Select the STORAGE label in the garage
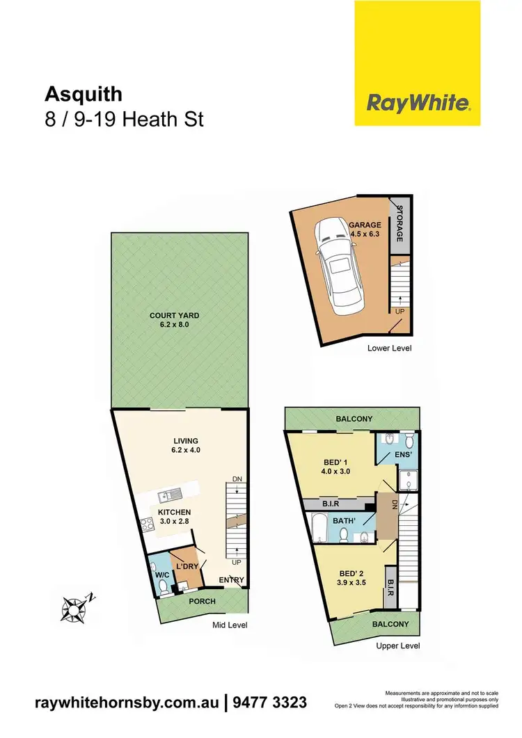click(x=400, y=224)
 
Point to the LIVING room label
click(x=186, y=440)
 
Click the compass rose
click(x=73, y=608)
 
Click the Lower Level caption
click(x=389, y=347)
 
